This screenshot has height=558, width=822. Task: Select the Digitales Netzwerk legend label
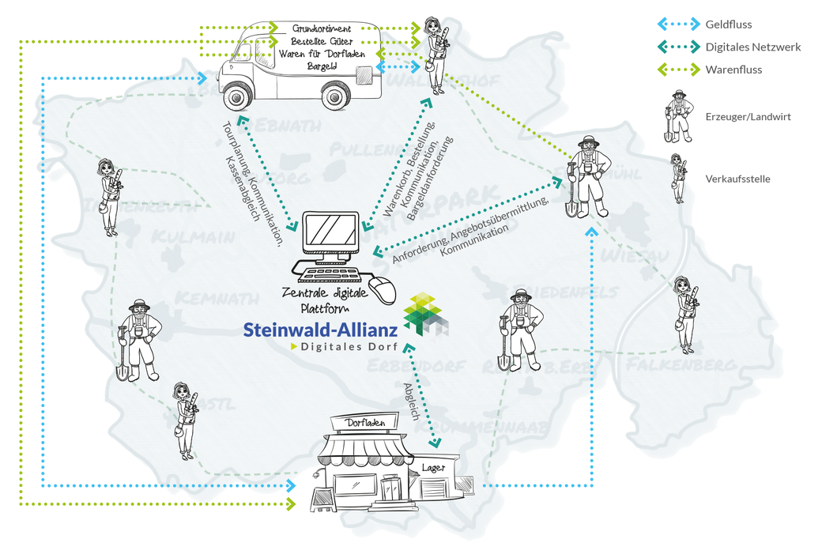(752, 47)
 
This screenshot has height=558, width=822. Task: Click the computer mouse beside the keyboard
(383, 290)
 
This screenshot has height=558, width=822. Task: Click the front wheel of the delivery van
(236, 96)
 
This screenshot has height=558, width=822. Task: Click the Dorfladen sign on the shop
(365, 424)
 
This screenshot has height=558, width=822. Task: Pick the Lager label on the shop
(433, 467)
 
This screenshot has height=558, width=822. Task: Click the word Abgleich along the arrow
(410, 401)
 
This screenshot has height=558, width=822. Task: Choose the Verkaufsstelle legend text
(737, 179)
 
